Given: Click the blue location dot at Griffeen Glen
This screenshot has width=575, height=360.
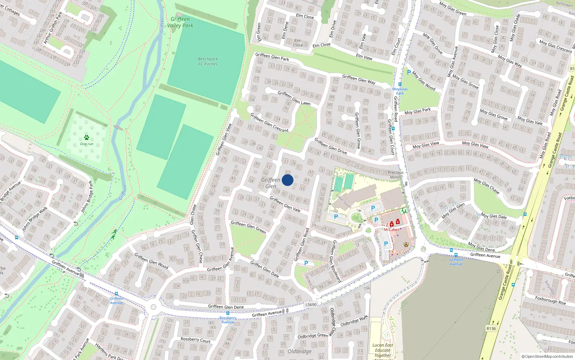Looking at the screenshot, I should click(x=287, y=180).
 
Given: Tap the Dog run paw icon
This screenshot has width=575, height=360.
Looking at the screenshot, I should click(x=87, y=138).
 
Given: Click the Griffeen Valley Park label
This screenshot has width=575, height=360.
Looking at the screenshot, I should click(x=180, y=22).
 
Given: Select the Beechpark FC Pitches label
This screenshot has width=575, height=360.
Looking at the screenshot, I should click(x=208, y=62).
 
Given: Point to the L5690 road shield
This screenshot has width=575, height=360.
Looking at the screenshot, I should click(x=311, y=305).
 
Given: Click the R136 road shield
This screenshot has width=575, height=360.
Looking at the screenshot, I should click(x=491, y=328).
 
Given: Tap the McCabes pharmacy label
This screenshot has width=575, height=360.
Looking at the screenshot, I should click(x=391, y=230).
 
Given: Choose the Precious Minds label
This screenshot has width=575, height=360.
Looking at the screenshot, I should click(x=396, y=175).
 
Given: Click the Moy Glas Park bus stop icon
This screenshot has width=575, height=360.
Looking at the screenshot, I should click(x=400, y=84).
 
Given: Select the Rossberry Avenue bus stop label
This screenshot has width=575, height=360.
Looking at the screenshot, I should click(x=228, y=320).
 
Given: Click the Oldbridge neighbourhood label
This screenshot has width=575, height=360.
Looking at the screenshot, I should click(x=299, y=351).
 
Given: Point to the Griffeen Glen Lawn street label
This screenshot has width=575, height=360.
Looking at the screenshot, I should click(x=294, y=98).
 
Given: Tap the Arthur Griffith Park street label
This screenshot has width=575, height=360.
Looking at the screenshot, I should click(x=53, y=28).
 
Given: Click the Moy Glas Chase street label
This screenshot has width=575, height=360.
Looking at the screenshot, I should click(x=486, y=186).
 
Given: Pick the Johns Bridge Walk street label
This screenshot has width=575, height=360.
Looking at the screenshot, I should click(x=34, y=219).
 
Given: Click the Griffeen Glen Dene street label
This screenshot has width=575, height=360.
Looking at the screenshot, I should click(x=226, y=307).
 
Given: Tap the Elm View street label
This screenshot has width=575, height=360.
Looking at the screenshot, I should click(x=364, y=57).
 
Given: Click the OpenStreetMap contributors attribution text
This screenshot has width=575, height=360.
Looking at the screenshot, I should click(x=547, y=357).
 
